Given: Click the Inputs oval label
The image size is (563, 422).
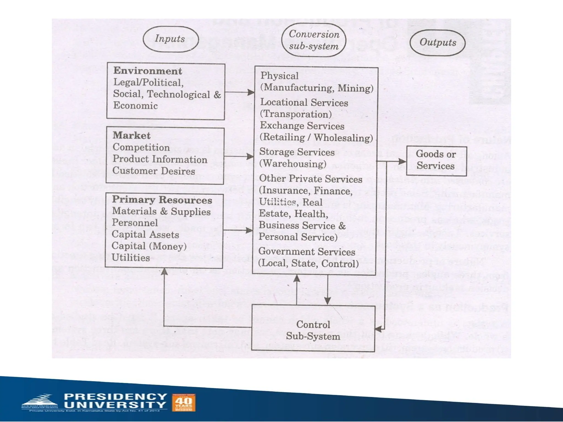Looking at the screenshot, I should pyautogui.click(x=170, y=39).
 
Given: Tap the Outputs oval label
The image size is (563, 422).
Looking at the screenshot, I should pyautogui.click(x=437, y=43).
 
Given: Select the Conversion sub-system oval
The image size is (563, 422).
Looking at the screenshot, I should pyautogui.click(x=314, y=40).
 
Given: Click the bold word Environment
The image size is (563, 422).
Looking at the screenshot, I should pyautogui.click(x=148, y=71).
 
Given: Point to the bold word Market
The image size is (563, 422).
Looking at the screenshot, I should pyautogui.click(x=131, y=135).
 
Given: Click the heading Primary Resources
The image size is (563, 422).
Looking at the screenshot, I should pyautogui.click(x=162, y=200).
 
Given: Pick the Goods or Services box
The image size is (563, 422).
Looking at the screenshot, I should pyautogui.click(x=436, y=160).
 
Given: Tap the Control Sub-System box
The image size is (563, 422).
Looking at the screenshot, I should pyautogui.click(x=313, y=330).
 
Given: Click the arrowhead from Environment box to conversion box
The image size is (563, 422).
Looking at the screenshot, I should pyautogui.click(x=251, y=92).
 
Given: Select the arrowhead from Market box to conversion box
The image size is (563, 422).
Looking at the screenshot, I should pyautogui.click(x=250, y=157).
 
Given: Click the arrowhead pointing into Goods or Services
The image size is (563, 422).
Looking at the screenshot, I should pyautogui.click(x=402, y=161).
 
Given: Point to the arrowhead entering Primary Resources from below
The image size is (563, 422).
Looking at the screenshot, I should pyautogui.click(x=164, y=272).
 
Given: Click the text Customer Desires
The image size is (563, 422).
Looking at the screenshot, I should pyautogui.click(x=154, y=171).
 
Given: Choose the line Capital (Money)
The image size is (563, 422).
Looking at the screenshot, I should pyautogui.click(x=149, y=246).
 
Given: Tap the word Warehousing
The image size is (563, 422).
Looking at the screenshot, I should pyautogui.click(x=293, y=164).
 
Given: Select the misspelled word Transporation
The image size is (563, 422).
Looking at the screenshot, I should pyautogui.click(x=296, y=114).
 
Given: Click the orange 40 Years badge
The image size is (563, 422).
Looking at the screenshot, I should pyautogui.click(x=184, y=402).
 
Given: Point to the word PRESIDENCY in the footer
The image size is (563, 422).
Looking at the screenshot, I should pyautogui.click(x=115, y=396).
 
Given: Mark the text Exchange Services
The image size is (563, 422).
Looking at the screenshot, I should pyautogui.click(x=302, y=126).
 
